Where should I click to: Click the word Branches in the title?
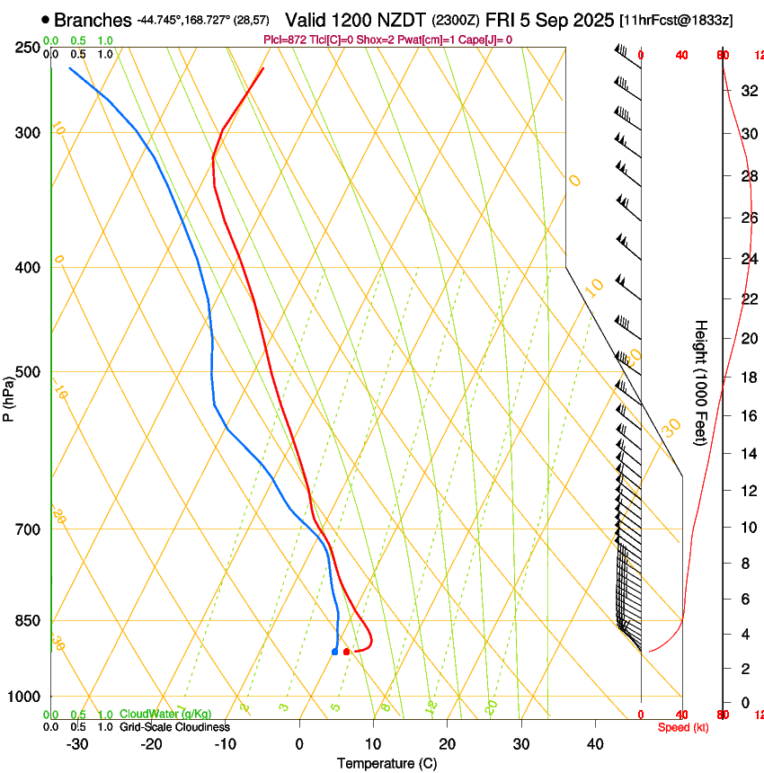pos(93,20)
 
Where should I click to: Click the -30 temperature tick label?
pos(77,744)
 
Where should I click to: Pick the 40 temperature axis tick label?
pos(595,744)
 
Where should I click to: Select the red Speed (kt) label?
pos(683,727)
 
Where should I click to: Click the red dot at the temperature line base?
pos(347,651)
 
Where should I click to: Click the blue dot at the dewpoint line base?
pos(334,651)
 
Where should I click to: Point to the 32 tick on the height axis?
pos(748,90)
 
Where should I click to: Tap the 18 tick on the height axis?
pos(748,378)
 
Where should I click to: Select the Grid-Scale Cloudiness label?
pos(174,726)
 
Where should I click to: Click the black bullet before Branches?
pos(45,20)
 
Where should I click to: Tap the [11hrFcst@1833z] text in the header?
pos(676,20)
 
